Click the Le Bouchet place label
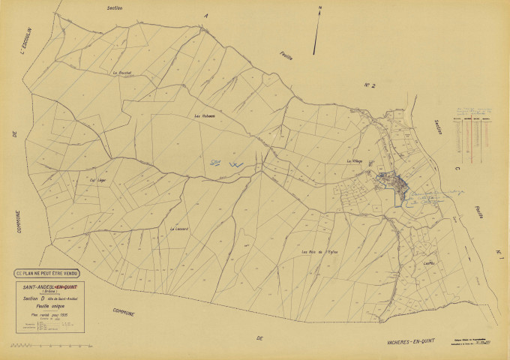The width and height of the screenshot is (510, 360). [x=122, y=73]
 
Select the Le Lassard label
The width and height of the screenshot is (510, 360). [x=178, y=229]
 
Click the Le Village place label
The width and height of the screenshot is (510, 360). [x=355, y=161]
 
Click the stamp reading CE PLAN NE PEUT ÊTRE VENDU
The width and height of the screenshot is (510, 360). [x=51, y=272]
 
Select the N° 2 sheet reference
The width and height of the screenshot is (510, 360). [x=369, y=85]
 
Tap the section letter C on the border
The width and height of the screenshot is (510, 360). [x=457, y=169]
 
